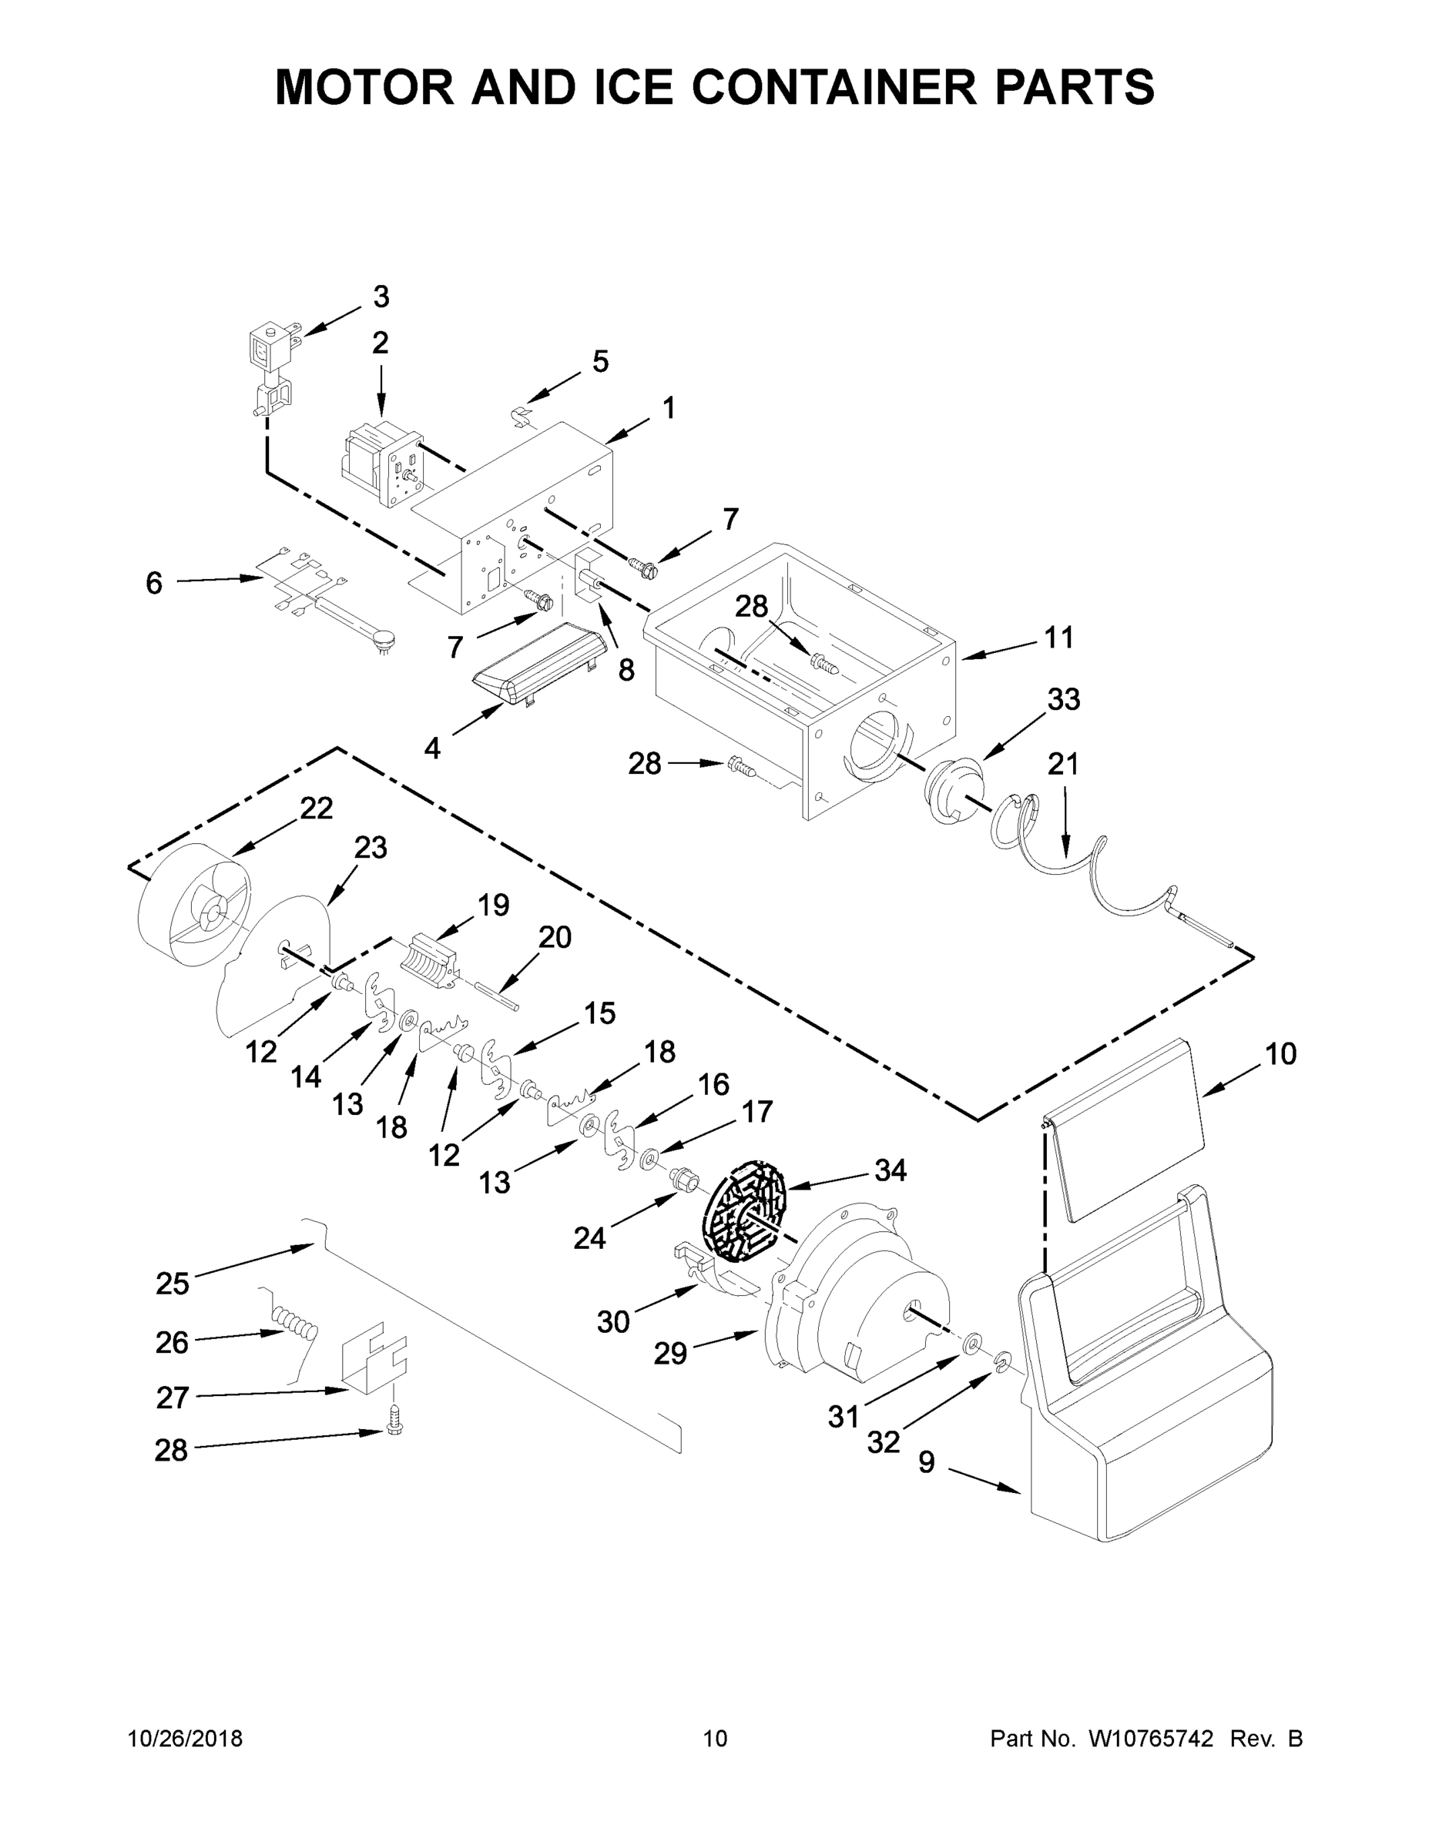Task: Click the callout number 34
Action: (891, 1171)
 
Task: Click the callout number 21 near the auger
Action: (1063, 764)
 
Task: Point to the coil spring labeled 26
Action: (292, 1326)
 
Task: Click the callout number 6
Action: (153, 583)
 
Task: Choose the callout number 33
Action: (1063, 700)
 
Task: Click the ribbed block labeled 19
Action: (434, 959)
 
